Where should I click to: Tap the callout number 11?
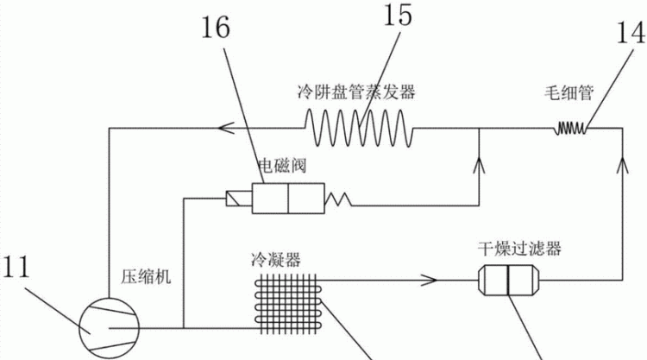coord(16,267)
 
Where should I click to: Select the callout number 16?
coord(216,28)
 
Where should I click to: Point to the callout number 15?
coord(398,15)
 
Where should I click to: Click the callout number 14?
coord(631,32)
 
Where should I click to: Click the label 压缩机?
coord(146,276)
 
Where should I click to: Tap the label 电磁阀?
coord(282,167)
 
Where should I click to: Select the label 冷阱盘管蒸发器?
coord(356,92)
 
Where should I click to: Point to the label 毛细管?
coord(568,93)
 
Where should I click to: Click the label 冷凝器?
coord(276,260)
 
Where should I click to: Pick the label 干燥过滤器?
coord(519,249)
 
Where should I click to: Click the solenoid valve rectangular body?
coord(288,199)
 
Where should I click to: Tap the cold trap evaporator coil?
coord(359,128)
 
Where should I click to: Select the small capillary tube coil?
coord(570,128)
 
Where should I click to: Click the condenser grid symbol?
coord(288,303)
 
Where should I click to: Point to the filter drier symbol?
coord(509,281)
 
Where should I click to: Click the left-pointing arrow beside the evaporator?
coord(227,128)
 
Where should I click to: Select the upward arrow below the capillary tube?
coord(623,165)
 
